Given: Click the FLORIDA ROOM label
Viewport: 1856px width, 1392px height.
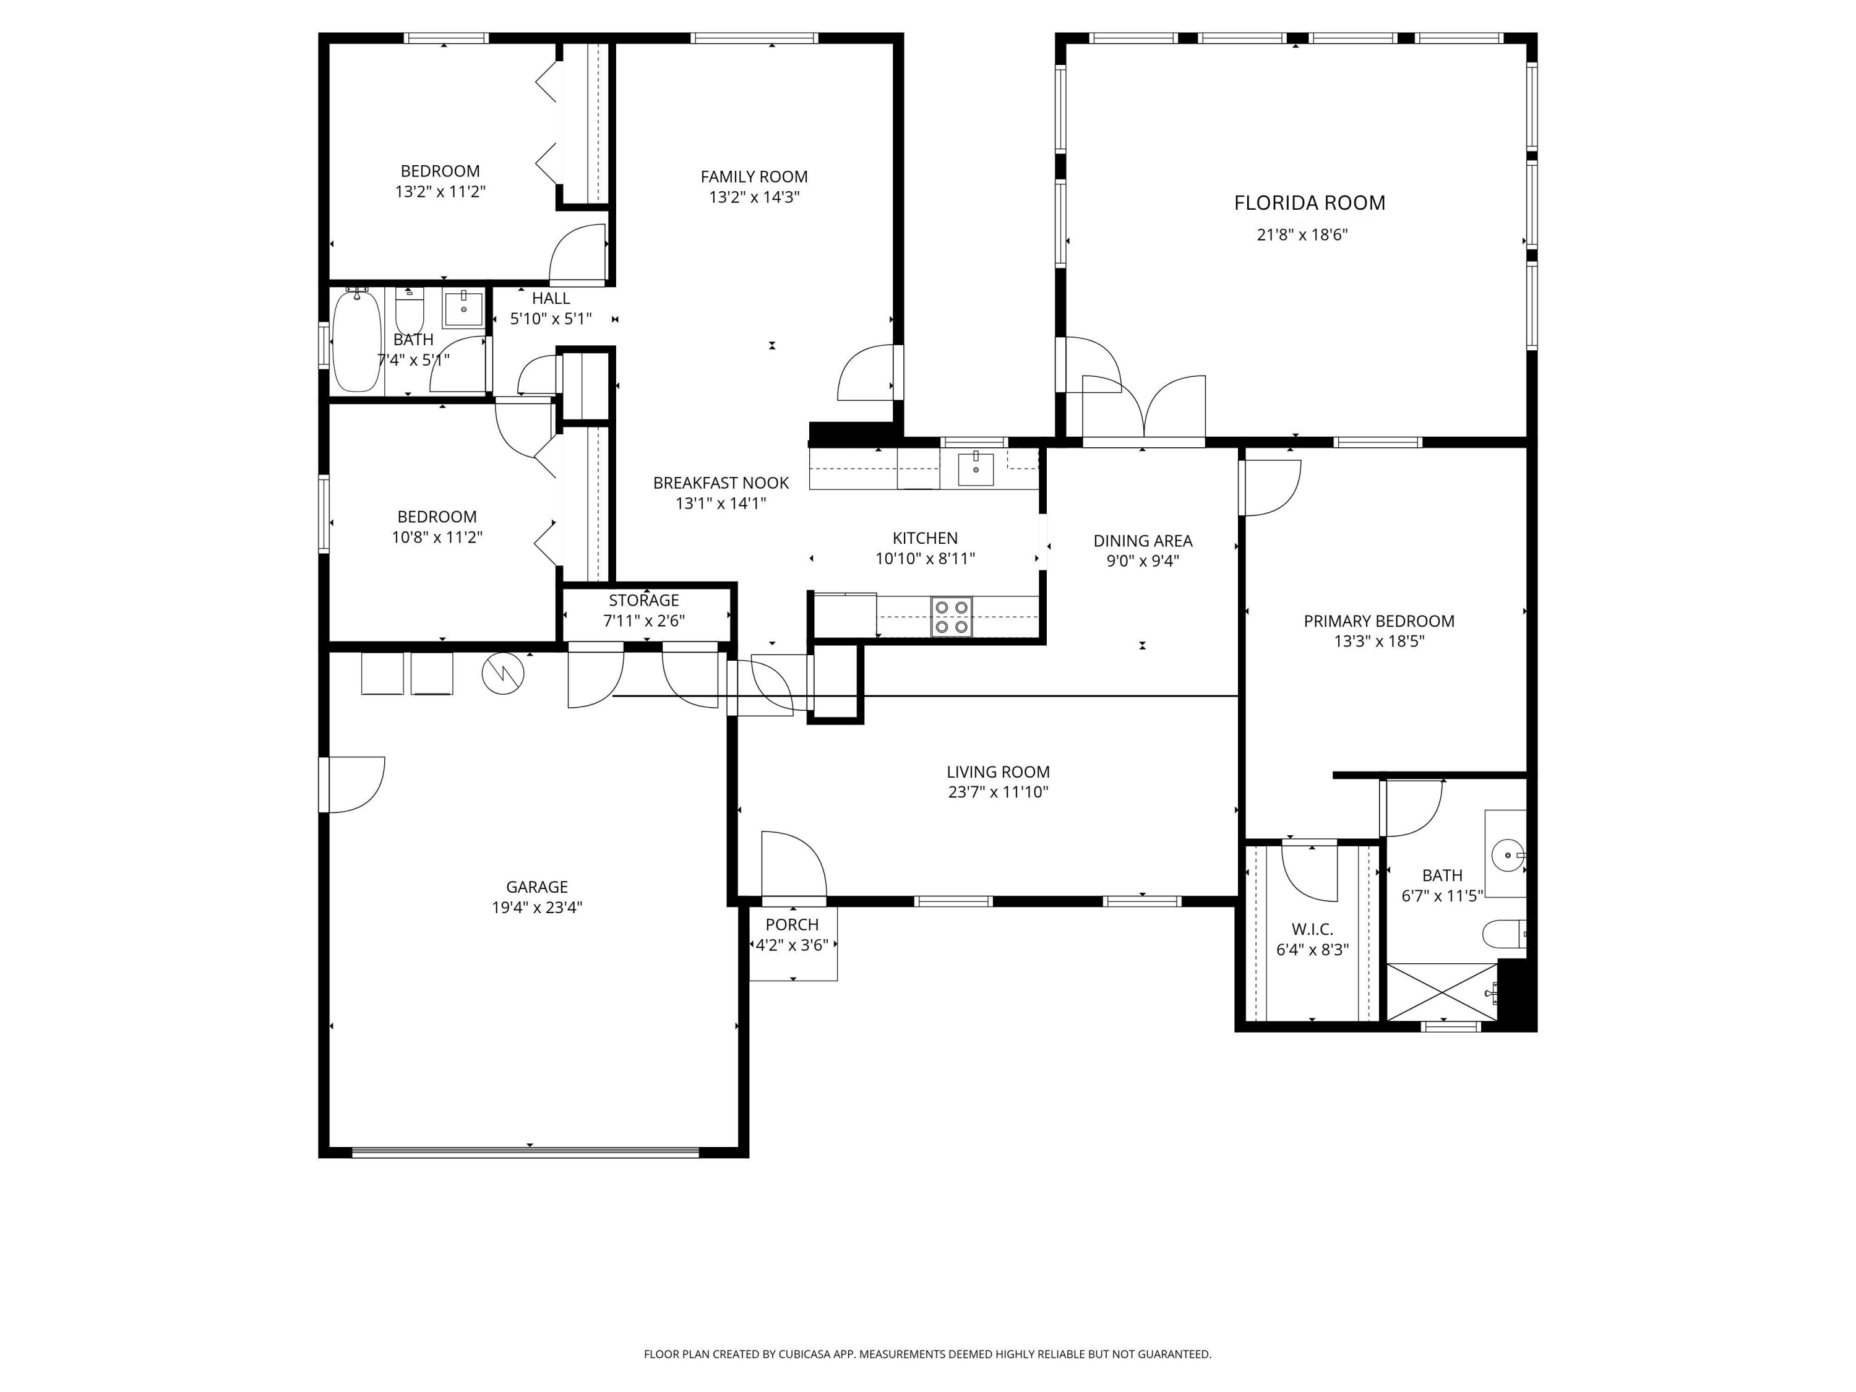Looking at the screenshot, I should click(x=1309, y=203).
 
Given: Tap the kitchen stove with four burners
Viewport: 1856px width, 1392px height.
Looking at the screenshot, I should click(x=951, y=617).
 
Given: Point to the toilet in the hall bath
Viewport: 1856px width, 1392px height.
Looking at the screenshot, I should click(x=410, y=312).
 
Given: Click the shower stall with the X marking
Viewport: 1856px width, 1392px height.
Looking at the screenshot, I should click(x=1441, y=992).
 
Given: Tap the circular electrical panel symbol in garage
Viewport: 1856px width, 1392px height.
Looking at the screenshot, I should click(x=502, y=673).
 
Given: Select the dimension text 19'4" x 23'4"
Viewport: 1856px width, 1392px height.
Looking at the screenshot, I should click(x=537, y=907).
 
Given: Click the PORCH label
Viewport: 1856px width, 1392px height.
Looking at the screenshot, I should click(x=792, y=925).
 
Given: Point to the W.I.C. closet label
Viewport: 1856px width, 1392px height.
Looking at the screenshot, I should click(x=1312, y=930).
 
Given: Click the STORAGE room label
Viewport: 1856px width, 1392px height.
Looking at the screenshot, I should click(x=643, y=600).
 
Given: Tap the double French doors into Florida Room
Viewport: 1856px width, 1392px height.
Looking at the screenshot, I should click(x=1144, y=408).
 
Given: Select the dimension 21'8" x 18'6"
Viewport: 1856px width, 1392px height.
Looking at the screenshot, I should click(x=1302, y=235).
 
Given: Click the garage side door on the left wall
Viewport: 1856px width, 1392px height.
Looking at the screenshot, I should click(x=353, y=784).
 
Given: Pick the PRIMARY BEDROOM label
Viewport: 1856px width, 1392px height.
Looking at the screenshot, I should click(x=1378, y=621).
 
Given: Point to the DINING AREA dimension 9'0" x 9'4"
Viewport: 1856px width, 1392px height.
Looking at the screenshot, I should click(x=1143, y=561).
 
